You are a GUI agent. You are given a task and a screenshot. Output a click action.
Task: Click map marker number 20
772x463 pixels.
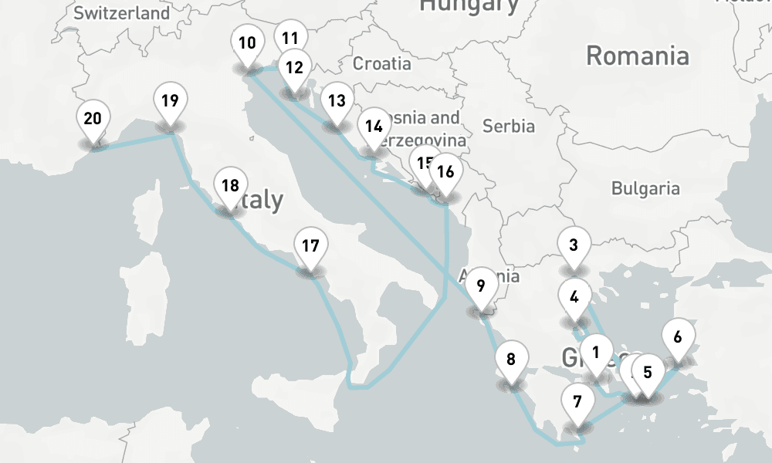click(x=93, y=120)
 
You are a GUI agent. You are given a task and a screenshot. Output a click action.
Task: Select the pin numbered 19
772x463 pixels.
click(x=171, y=100)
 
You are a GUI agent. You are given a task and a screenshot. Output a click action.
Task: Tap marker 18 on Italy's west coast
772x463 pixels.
click(x=229, y=186)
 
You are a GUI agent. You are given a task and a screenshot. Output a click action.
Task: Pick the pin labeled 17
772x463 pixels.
click(x=310, y=247)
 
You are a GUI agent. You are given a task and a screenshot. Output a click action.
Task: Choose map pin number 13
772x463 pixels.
click(x=336, y=100)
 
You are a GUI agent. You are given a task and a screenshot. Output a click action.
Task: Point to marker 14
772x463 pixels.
click(x=374, y=127)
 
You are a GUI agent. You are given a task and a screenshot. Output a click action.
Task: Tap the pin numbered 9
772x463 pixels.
click(x=481, y=286)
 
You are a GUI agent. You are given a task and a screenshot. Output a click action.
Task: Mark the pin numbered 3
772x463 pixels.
click(x=574, y=246)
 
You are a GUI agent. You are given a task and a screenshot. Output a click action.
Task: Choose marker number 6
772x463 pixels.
click(x=678, y=337)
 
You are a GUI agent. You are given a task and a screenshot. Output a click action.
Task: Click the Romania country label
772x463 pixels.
click(x=637, y=56)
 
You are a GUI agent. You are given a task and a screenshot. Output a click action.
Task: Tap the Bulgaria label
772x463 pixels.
click(x=645, y=188)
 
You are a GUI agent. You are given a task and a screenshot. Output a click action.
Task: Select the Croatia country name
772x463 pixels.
click(x=381, y=63)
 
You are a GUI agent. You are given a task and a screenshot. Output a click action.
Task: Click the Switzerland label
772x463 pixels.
click(x=122, y=13)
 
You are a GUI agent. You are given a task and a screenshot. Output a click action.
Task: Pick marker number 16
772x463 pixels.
click(x=445, y=172)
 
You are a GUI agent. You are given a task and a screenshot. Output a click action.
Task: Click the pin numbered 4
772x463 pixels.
click(x=574, y=296)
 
